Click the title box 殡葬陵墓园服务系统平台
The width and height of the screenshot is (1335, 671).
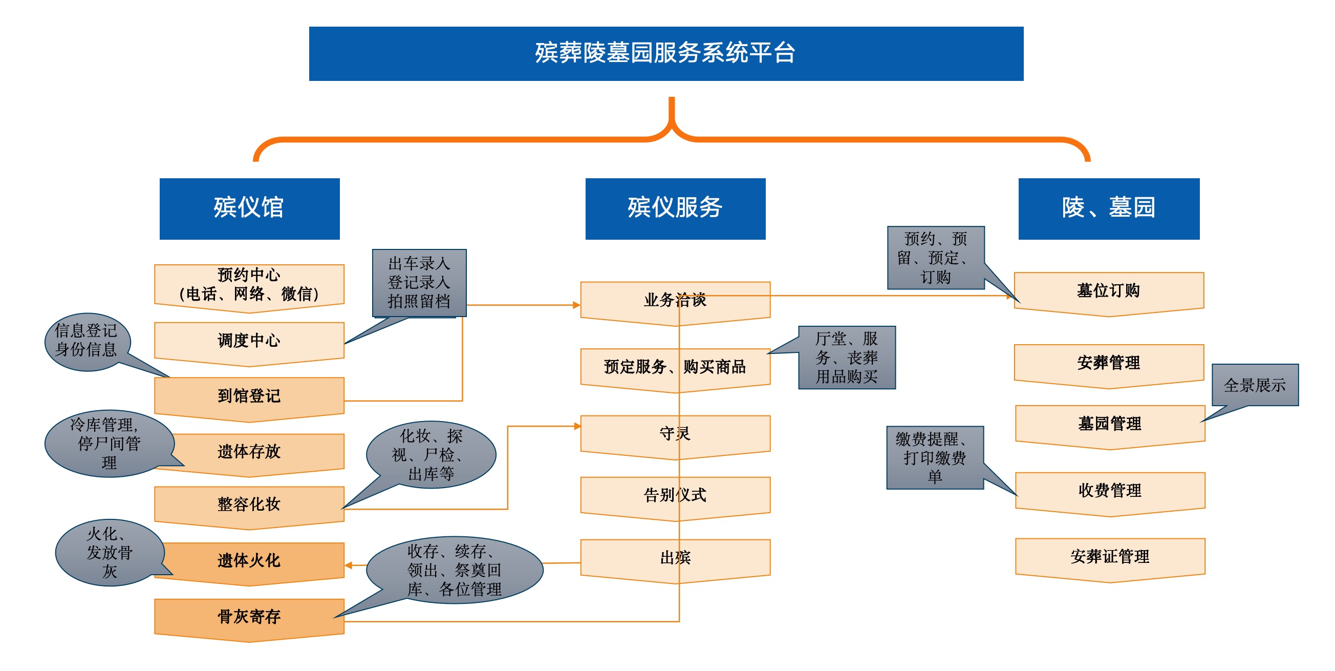pos(666,53)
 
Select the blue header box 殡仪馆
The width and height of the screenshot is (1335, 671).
pos(249,208)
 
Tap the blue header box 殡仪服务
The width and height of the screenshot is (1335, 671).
pos(675,208)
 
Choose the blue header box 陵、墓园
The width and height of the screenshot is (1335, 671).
pos(1109,208)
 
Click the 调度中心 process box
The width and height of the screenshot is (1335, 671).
pos(249,341)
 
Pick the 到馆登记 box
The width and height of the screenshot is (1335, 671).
pos(249,396)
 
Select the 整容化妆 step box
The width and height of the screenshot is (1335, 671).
pos(249,504)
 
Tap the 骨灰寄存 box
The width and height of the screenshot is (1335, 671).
pos(249,617)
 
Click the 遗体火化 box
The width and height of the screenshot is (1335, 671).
pos(249,560)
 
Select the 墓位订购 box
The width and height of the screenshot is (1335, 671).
pos(1109,291)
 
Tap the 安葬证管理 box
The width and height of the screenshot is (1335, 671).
pos(1110,557)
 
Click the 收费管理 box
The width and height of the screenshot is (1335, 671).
pos(1110,491)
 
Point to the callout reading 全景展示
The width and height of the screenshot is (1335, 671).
pos(1255,385)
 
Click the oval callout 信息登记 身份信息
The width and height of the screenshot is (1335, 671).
pos(86,341)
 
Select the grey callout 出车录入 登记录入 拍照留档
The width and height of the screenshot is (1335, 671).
pos(419,283)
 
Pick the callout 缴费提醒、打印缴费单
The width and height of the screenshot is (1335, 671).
pos(934,457)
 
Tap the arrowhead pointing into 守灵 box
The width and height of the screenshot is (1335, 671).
pos(577,426)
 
